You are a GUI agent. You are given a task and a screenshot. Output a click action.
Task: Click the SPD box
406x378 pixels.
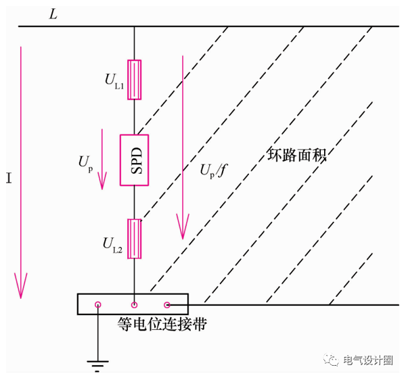(x=135, y=160)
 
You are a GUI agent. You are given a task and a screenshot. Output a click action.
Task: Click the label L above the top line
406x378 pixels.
(x=53, y=14)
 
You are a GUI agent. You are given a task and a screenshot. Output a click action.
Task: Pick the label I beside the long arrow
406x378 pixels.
(x=9, y=182)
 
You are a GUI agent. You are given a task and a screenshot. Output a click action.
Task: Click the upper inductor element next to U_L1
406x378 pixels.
(x=135, y=80)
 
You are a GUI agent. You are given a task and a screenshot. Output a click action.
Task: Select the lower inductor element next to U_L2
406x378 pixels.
(x=135, y=239)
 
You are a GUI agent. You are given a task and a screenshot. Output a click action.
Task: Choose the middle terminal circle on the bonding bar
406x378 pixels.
(x=135, y=306)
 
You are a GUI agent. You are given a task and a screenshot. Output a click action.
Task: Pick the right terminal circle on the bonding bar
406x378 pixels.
(x=168, y=306)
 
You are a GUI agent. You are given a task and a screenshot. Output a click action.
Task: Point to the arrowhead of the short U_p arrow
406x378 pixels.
(x=103, y=181)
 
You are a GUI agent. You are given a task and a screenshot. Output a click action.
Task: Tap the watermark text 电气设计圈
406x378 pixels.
(x=369, y=360)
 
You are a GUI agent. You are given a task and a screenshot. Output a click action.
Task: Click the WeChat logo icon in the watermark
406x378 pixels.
(x=336, y=360)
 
